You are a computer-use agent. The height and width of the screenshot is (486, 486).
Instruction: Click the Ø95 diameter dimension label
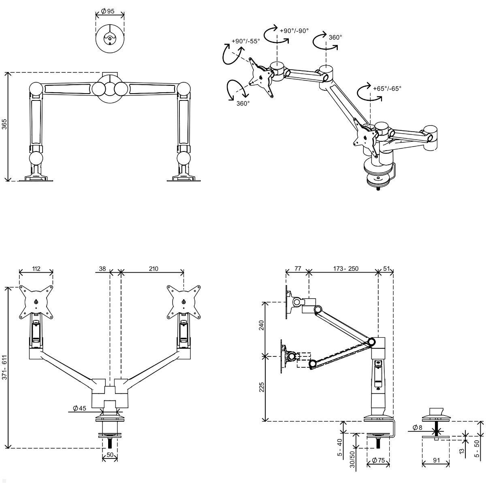pos(107,11)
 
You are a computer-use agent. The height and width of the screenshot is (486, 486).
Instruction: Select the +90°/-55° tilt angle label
pos(246,41)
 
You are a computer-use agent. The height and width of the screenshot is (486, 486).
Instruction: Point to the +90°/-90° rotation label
pos(294,30)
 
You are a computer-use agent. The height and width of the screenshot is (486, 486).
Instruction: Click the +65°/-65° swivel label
pos(387,88)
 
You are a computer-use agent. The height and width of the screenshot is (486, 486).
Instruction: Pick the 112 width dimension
pos(36,269)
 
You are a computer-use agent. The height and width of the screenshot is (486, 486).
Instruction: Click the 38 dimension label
pos(102,269)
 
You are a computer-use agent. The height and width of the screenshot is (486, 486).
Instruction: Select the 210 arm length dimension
pos(153,269)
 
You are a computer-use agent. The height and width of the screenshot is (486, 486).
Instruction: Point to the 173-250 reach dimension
pos(346,269)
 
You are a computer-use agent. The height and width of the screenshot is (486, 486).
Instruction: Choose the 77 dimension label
pos(297,269)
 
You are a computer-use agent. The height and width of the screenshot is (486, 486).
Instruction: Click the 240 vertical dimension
pos(261,326)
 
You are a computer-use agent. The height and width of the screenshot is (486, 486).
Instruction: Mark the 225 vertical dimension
pos(261,388)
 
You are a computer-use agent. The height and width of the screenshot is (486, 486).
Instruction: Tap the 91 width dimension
pos(437,460)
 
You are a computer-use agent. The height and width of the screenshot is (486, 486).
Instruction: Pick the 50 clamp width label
pos(109,455)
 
